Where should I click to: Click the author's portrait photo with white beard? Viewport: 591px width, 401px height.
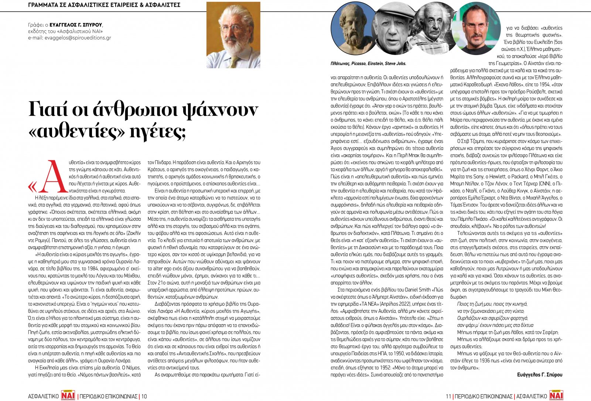point(233,35)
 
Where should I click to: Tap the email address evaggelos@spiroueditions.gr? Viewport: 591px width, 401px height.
point(69,38)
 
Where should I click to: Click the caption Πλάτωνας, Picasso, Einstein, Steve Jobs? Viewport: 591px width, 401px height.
point(368,64)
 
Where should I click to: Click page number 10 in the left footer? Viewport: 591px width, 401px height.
point(144,396)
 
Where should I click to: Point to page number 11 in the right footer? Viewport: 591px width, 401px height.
point(448,396)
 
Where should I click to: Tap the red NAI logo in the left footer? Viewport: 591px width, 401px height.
point(69,395)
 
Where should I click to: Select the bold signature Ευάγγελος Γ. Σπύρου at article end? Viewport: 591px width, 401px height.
point(540,374)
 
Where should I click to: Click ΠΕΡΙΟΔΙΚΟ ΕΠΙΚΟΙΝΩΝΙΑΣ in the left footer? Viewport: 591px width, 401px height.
point(109,396)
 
